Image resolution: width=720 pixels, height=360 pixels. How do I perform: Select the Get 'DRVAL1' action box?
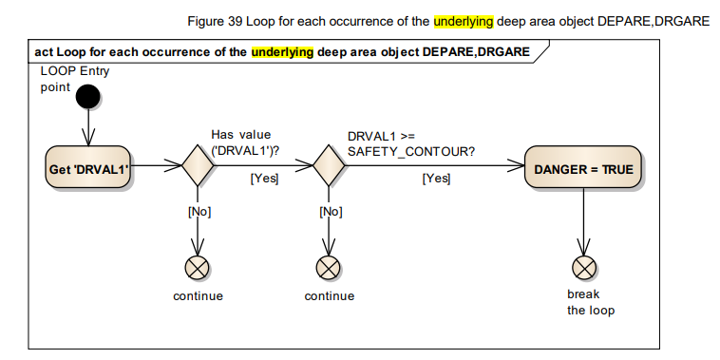pos(87,167)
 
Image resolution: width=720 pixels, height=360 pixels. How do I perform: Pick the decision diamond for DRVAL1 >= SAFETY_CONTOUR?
pos(329,167)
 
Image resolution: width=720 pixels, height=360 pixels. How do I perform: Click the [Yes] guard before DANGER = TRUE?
pos(436,179)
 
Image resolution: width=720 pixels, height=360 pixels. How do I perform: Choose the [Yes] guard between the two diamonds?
pos(263,179)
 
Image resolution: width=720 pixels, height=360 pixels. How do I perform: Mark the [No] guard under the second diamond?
pos(329,212)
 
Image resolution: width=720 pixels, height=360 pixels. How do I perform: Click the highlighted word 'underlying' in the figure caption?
pos(463,21)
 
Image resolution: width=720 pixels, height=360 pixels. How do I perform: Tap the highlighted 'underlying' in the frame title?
pos(282,52)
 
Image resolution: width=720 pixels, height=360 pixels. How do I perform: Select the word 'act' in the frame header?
pos(43,52)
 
